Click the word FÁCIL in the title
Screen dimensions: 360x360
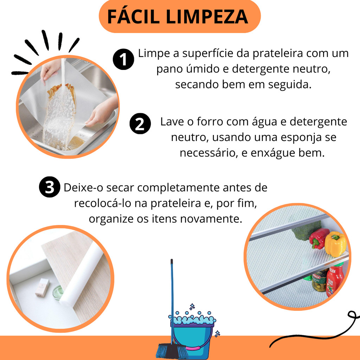[133, 17]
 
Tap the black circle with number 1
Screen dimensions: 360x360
[123, 59]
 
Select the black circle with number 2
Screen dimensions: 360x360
[140, 124]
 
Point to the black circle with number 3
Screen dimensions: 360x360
[50, 187]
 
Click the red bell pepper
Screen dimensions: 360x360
[319, 239]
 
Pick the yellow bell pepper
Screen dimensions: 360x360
[335, 244]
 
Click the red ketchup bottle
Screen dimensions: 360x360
[334, 281]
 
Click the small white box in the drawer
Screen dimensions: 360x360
[42, 287]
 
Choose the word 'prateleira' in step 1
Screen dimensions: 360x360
[278, 53]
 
